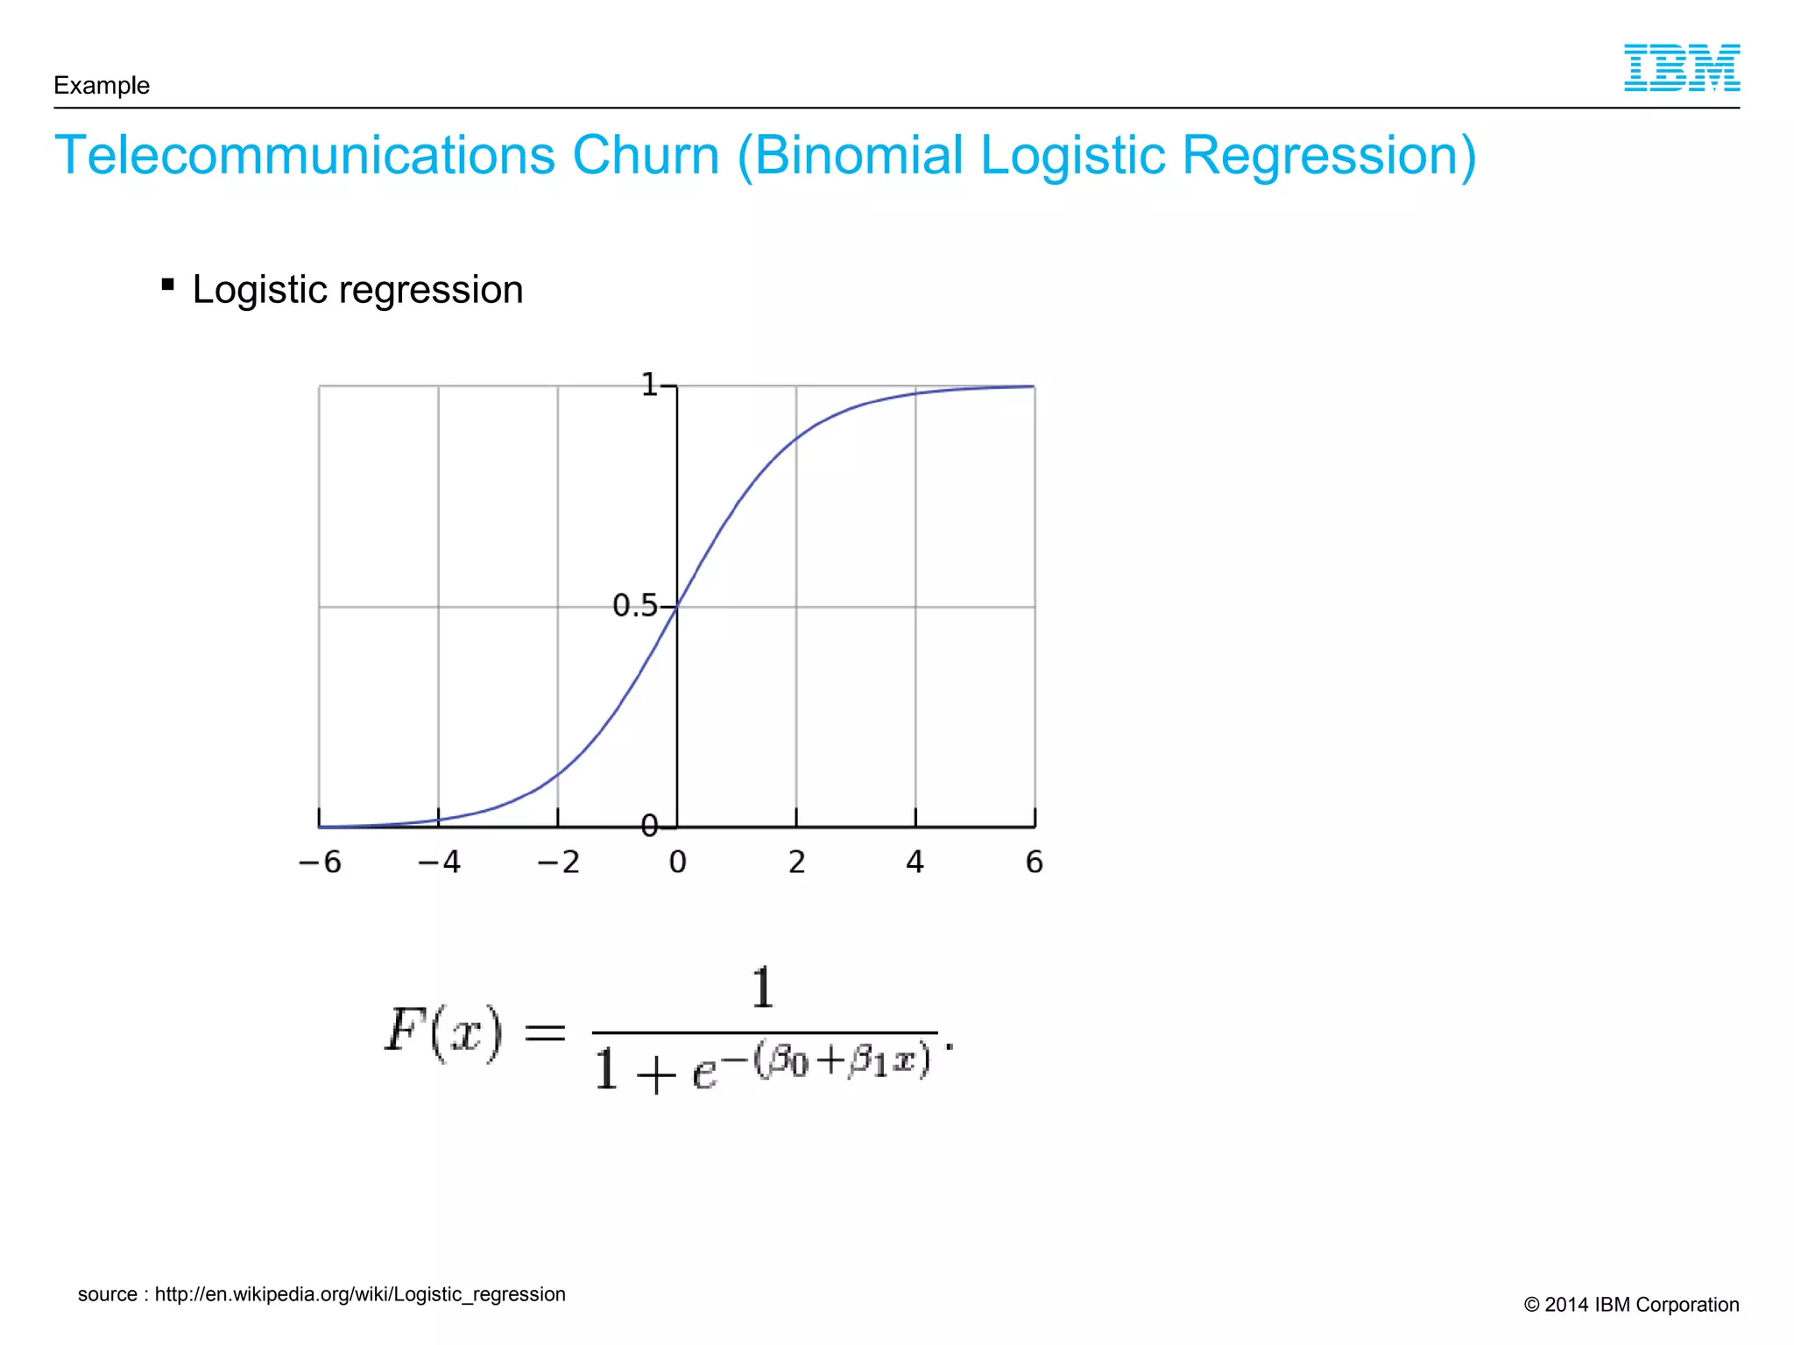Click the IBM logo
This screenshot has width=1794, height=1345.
pyautogui.click(x=1681, y=68)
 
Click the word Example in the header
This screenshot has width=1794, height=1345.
pyautogui.click(x=102, y=86)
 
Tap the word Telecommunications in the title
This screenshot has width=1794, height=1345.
pyautogui.click(x=305, y=156)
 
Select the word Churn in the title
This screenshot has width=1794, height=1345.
pyautogui.click(x=646, y=156)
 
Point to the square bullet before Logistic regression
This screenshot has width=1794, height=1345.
pyautogui.click(x=168, y=285)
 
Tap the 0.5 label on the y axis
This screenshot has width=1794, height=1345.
pyautogui.click(x=634, y=605)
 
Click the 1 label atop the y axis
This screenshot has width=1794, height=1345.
pyautogui.click(x=649, y=384)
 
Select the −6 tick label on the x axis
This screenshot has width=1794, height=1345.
pyautogui.click(x=320, y=863)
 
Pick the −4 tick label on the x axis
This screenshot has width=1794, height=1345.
pyautogui.click(x=439, y=863)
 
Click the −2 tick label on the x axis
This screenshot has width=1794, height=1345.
pyautogui.click(x=558, y=863)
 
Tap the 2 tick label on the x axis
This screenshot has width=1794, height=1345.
pyautogui.click(x=796, y=863)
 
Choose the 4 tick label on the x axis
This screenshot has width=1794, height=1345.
pyautogui.click(x=915, y=863)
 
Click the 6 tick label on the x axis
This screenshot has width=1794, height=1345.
pyautogui.click(x=1034, y=863)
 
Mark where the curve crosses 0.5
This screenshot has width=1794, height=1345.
pyautogui.click(x=677, y=606)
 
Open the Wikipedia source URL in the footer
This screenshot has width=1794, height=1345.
pyautogui.click(x=360, y=1294)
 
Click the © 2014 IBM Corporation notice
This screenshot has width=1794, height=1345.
pyautogui.click(x=1631, y=1305)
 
